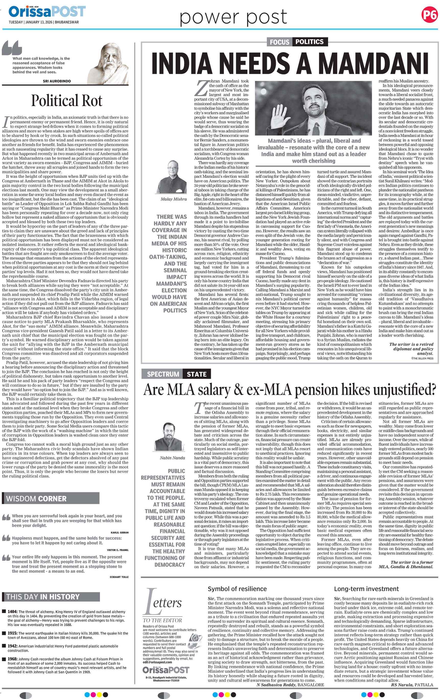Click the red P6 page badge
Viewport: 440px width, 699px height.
(x=429, y=15)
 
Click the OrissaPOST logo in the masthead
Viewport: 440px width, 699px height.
(x=47, y=12)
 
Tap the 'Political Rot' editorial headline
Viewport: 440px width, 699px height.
(x=67, y=101)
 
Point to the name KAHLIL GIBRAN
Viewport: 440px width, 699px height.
(x=120, y=532)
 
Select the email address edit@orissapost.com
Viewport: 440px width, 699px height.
(x=157, y=662)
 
